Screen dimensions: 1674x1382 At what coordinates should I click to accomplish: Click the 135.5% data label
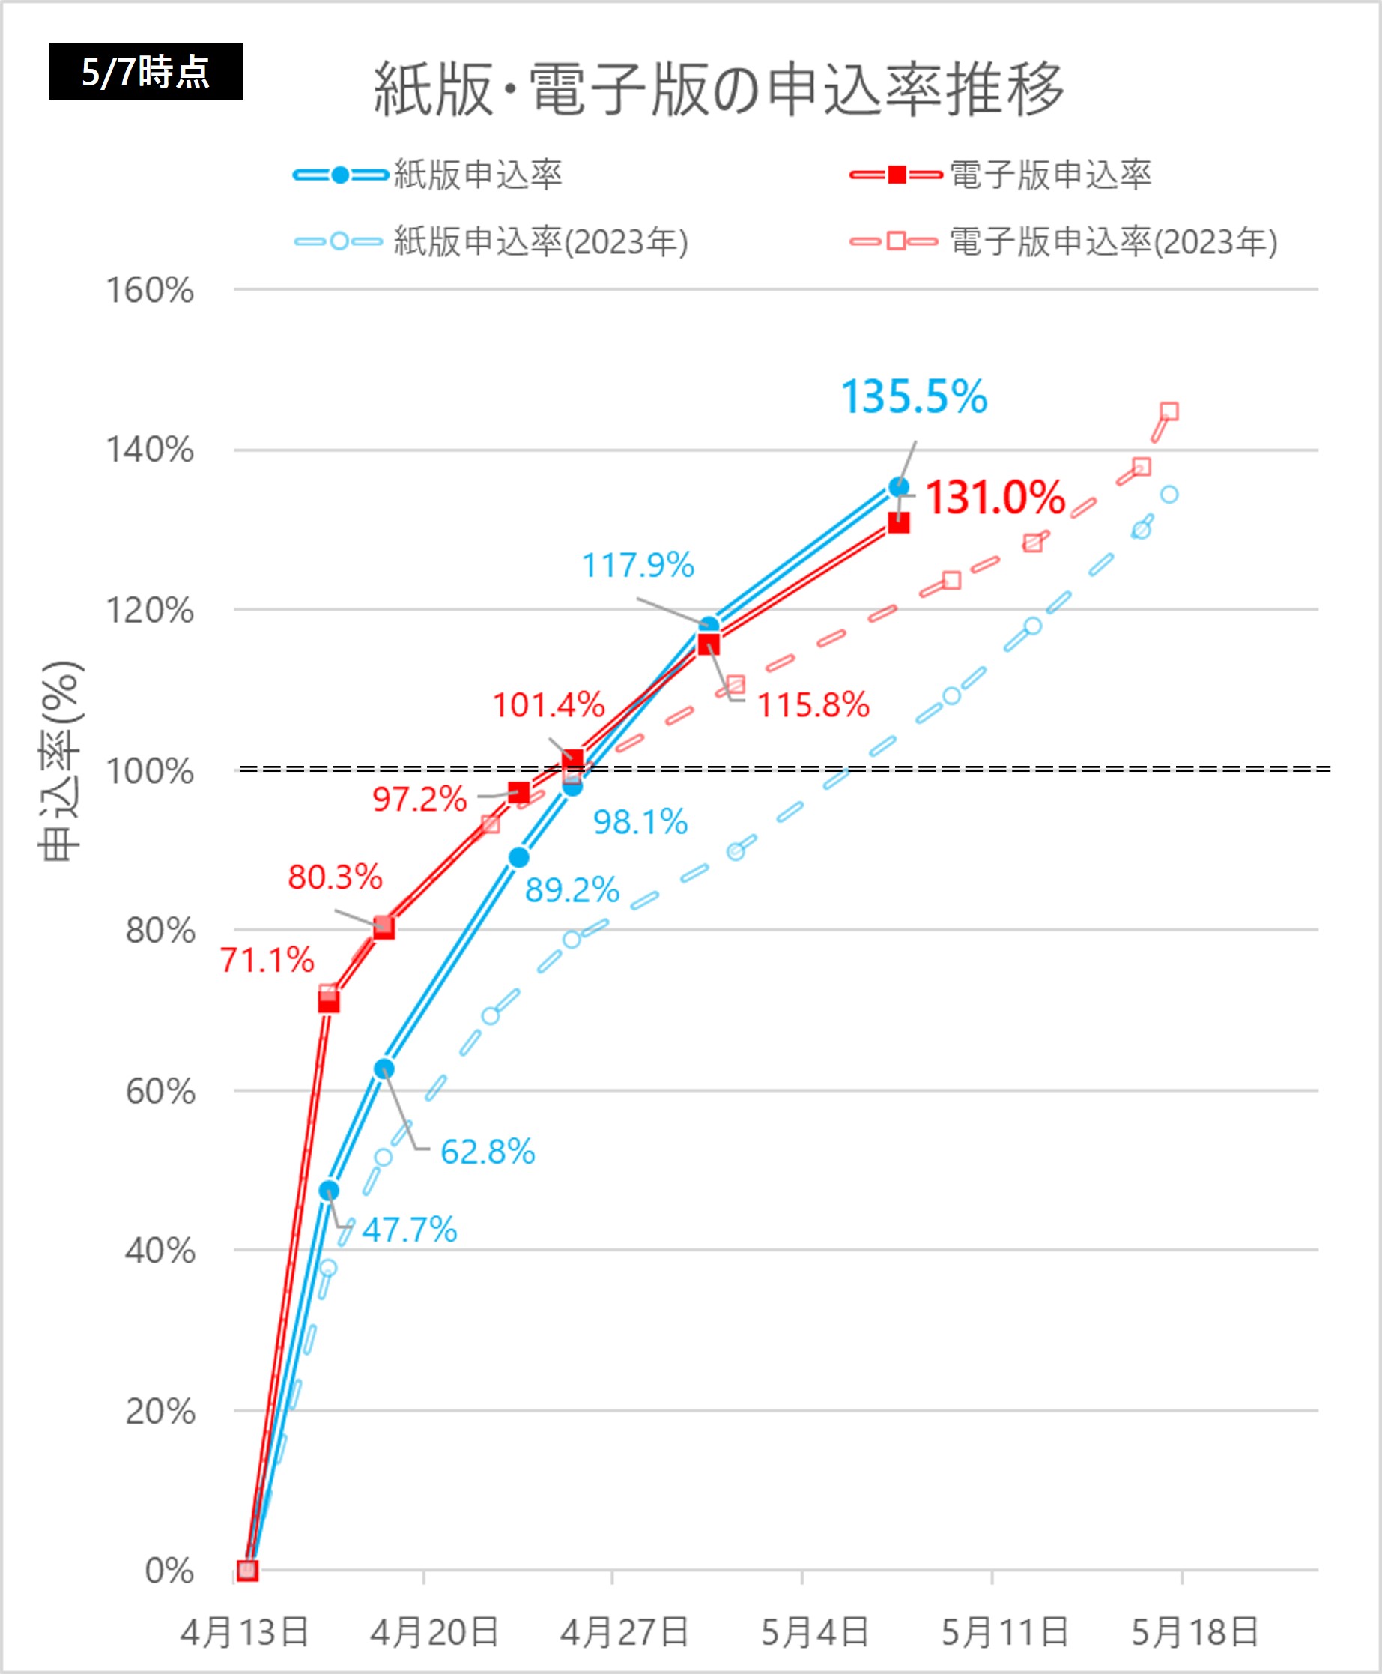(914, 396)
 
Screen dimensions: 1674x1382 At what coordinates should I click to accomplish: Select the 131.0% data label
(995, 498)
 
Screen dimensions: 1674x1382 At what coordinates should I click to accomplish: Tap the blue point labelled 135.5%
(899, 486)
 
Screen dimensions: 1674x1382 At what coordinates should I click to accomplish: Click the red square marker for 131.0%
(899, 522)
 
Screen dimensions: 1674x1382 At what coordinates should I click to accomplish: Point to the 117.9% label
(637, 566)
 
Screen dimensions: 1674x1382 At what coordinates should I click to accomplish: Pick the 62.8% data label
(488, 1152)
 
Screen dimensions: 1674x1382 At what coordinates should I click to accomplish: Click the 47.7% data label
(409, 1230)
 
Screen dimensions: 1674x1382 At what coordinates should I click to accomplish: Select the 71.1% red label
(267, 961)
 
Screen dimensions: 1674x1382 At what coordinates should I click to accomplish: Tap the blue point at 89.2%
(519, 858)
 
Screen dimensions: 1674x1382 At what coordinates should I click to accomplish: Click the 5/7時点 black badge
(145, 72)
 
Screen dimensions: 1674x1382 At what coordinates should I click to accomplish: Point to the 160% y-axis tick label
(150, 291)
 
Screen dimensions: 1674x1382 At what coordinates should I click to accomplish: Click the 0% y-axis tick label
(169, 1571)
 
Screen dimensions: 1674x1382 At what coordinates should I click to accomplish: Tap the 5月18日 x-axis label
(1194, 1632)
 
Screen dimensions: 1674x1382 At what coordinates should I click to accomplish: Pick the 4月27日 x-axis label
(624, 1632)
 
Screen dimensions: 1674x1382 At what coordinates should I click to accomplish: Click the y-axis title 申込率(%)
(61, 761)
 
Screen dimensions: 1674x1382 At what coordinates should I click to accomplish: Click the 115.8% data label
(813, 706)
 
